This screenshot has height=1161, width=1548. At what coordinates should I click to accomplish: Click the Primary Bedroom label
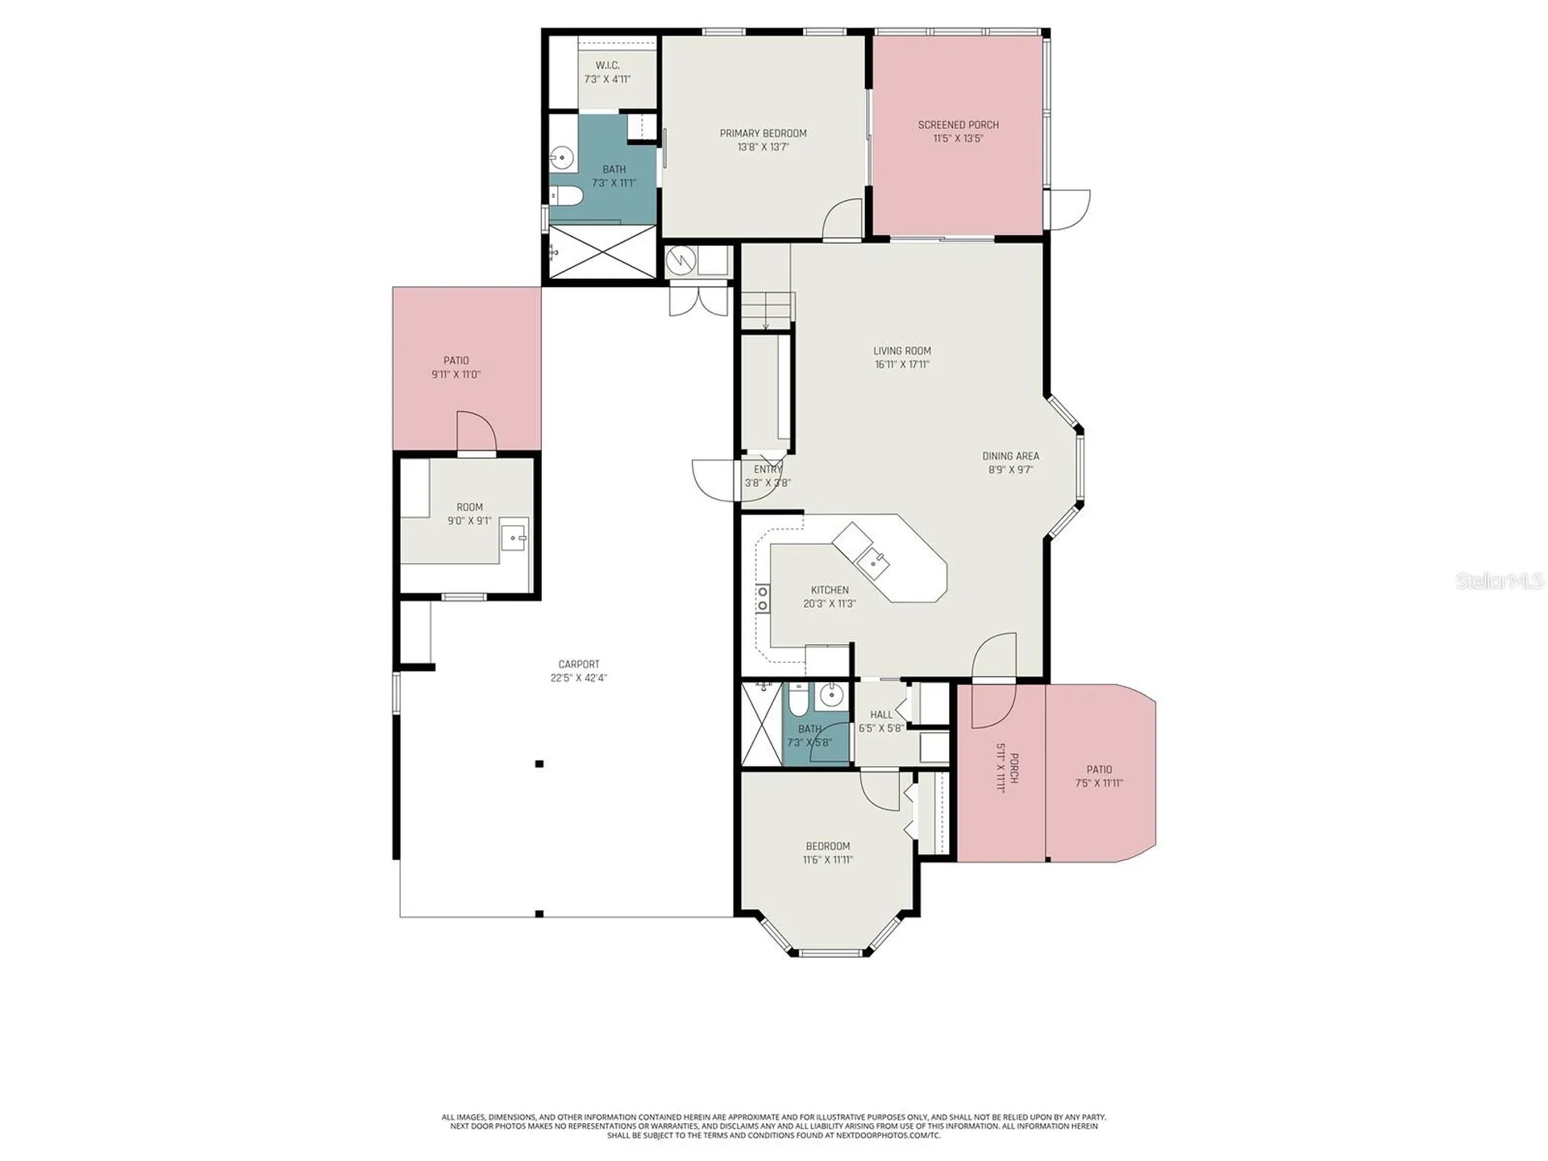pyautogui.click(x=763, y=133)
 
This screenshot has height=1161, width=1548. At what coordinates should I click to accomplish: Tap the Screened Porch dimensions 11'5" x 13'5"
pyautogui.click(x=958, y=139)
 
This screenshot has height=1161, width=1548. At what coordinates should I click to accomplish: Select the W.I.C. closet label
pyautogui.click(x=607, y=65)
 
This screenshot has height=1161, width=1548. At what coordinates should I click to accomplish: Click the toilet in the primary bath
pyautogui.click(x=565, y=195)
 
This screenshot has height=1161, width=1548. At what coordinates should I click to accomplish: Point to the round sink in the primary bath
pyautogui.click(x=562, y=156)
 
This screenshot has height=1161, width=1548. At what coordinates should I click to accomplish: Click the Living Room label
pyautogui.click(x=902, y=351)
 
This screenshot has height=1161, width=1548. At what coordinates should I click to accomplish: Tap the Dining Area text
pyautogui.click(x=1010, y=456)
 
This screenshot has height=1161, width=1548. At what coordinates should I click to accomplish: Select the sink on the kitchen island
pyautogui.click(x=871, y=560)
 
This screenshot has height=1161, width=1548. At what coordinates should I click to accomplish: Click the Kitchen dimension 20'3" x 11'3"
pyautogui.click(x=830, y=604)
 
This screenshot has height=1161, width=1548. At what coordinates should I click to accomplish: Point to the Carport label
pyautogui.click(x=579, y=664)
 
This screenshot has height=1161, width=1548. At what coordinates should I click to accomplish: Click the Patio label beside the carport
pyautogui.click(x=456, y=360)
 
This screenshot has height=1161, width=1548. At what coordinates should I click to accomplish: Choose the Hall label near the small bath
pyautogui.click(x=881, y=714)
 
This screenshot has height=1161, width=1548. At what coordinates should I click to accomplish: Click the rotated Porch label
pyautogui.click(x=1014, y=768)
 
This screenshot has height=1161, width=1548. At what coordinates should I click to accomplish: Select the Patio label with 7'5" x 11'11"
pyautogui.click(x=1099, y=769)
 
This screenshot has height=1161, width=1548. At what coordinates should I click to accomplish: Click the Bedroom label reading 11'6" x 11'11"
pyautogui.click(x=828, y=846)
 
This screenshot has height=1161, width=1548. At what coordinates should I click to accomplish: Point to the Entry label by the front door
pyautogui.click(x=768, y=469)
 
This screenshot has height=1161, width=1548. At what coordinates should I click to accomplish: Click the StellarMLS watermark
pyautogui.click(x=1500, y=580)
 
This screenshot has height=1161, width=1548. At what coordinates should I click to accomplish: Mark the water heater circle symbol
pyautogui.click(x=681, y=260)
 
